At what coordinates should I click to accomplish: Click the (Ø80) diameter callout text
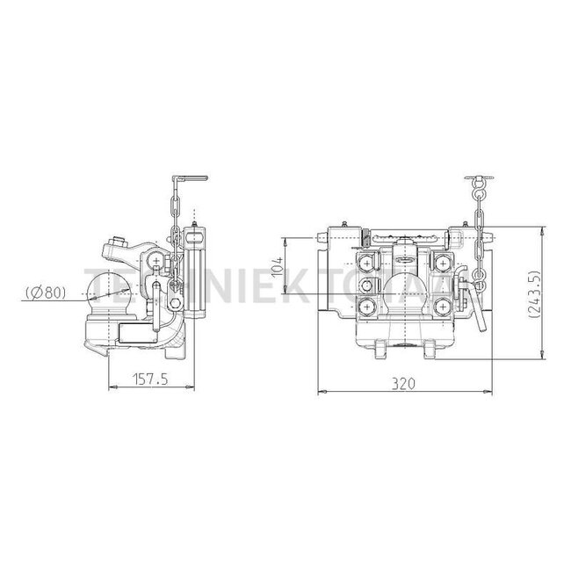(x=43, y=291)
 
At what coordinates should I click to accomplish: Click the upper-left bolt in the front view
(x=367, y=264)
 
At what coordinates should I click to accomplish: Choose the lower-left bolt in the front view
(x=367, y=306)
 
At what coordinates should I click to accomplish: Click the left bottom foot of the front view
(x=381, y=351)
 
